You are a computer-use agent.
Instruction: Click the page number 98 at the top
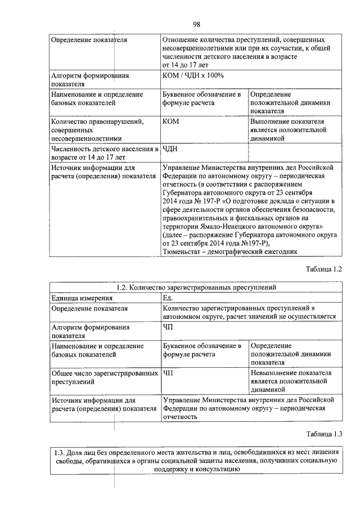pyautogui.click(x=197, y=24)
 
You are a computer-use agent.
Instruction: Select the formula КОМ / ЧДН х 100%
pyautogui.click(x=193, y=75)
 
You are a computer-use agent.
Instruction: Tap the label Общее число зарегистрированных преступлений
pyautogui.click(x=103, y=377)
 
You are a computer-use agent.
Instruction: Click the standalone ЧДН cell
pyautogui.click(x=169, y=149)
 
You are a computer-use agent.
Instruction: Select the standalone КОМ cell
pyautogui.click(x=170, y=121)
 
